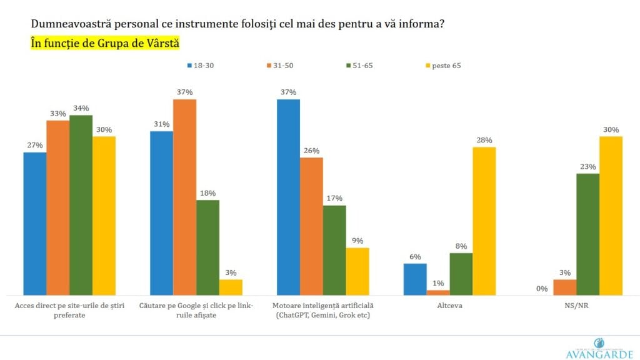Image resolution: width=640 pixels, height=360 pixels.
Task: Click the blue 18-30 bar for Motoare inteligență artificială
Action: (288, 197)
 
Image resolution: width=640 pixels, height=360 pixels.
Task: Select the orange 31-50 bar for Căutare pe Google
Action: (184, 197)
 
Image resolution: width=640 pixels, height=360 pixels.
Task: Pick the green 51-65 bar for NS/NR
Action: (587, 234)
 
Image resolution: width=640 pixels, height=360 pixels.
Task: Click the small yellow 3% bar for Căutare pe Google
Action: (231, 287)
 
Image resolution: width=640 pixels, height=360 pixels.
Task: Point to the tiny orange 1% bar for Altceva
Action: (438, 292)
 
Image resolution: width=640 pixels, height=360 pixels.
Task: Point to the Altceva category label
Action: (449, 307)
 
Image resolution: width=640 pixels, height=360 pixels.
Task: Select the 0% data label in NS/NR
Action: (541, 289)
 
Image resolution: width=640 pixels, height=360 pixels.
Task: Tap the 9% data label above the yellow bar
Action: (357, 241)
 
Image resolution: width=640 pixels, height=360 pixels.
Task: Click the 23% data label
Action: (587, 167)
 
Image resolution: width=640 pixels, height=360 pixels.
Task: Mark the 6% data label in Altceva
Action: (415, 257)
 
